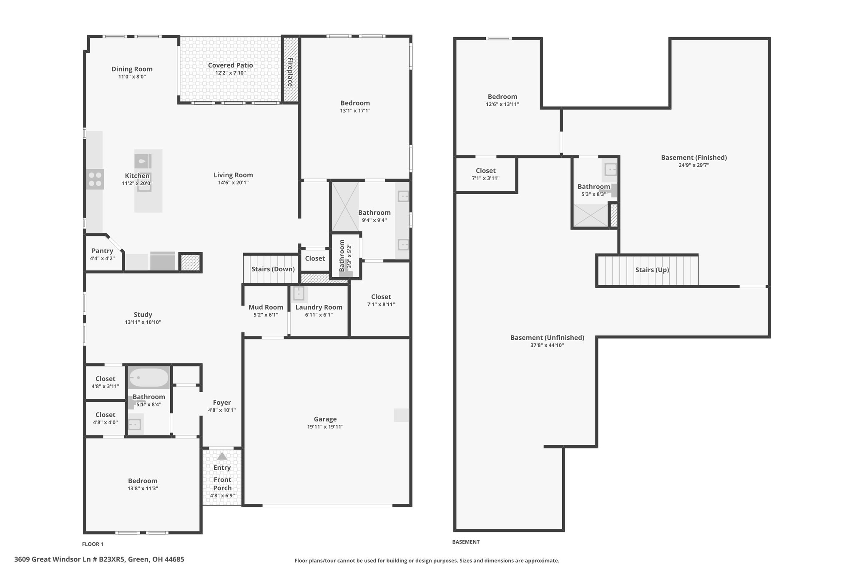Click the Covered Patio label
(x=230, y=65)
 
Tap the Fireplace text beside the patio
(x=290, y=72)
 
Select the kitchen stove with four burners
(x=95, y=179)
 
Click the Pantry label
(x=102, y=251)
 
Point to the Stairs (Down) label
(x=273, y=269)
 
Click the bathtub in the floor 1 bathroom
(x=149, y=378)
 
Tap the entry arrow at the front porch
(x=222, y=456)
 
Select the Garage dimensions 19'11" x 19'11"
(x=325, y=427)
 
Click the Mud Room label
(x=266, y=307)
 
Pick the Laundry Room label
(x=319, y=307)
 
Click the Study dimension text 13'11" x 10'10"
(x=143, y=322)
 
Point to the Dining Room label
(x=132, y=69)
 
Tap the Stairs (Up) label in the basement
(x=652, y=270)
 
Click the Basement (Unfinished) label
(x=547, y=338)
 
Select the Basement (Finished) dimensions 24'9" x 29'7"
(x=694, y=165)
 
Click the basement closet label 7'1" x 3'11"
(x=485, y=178)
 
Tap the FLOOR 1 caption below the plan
(x=93, y=544)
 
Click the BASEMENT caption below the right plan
(x=466, y=542)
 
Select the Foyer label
(x=222, y=403)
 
